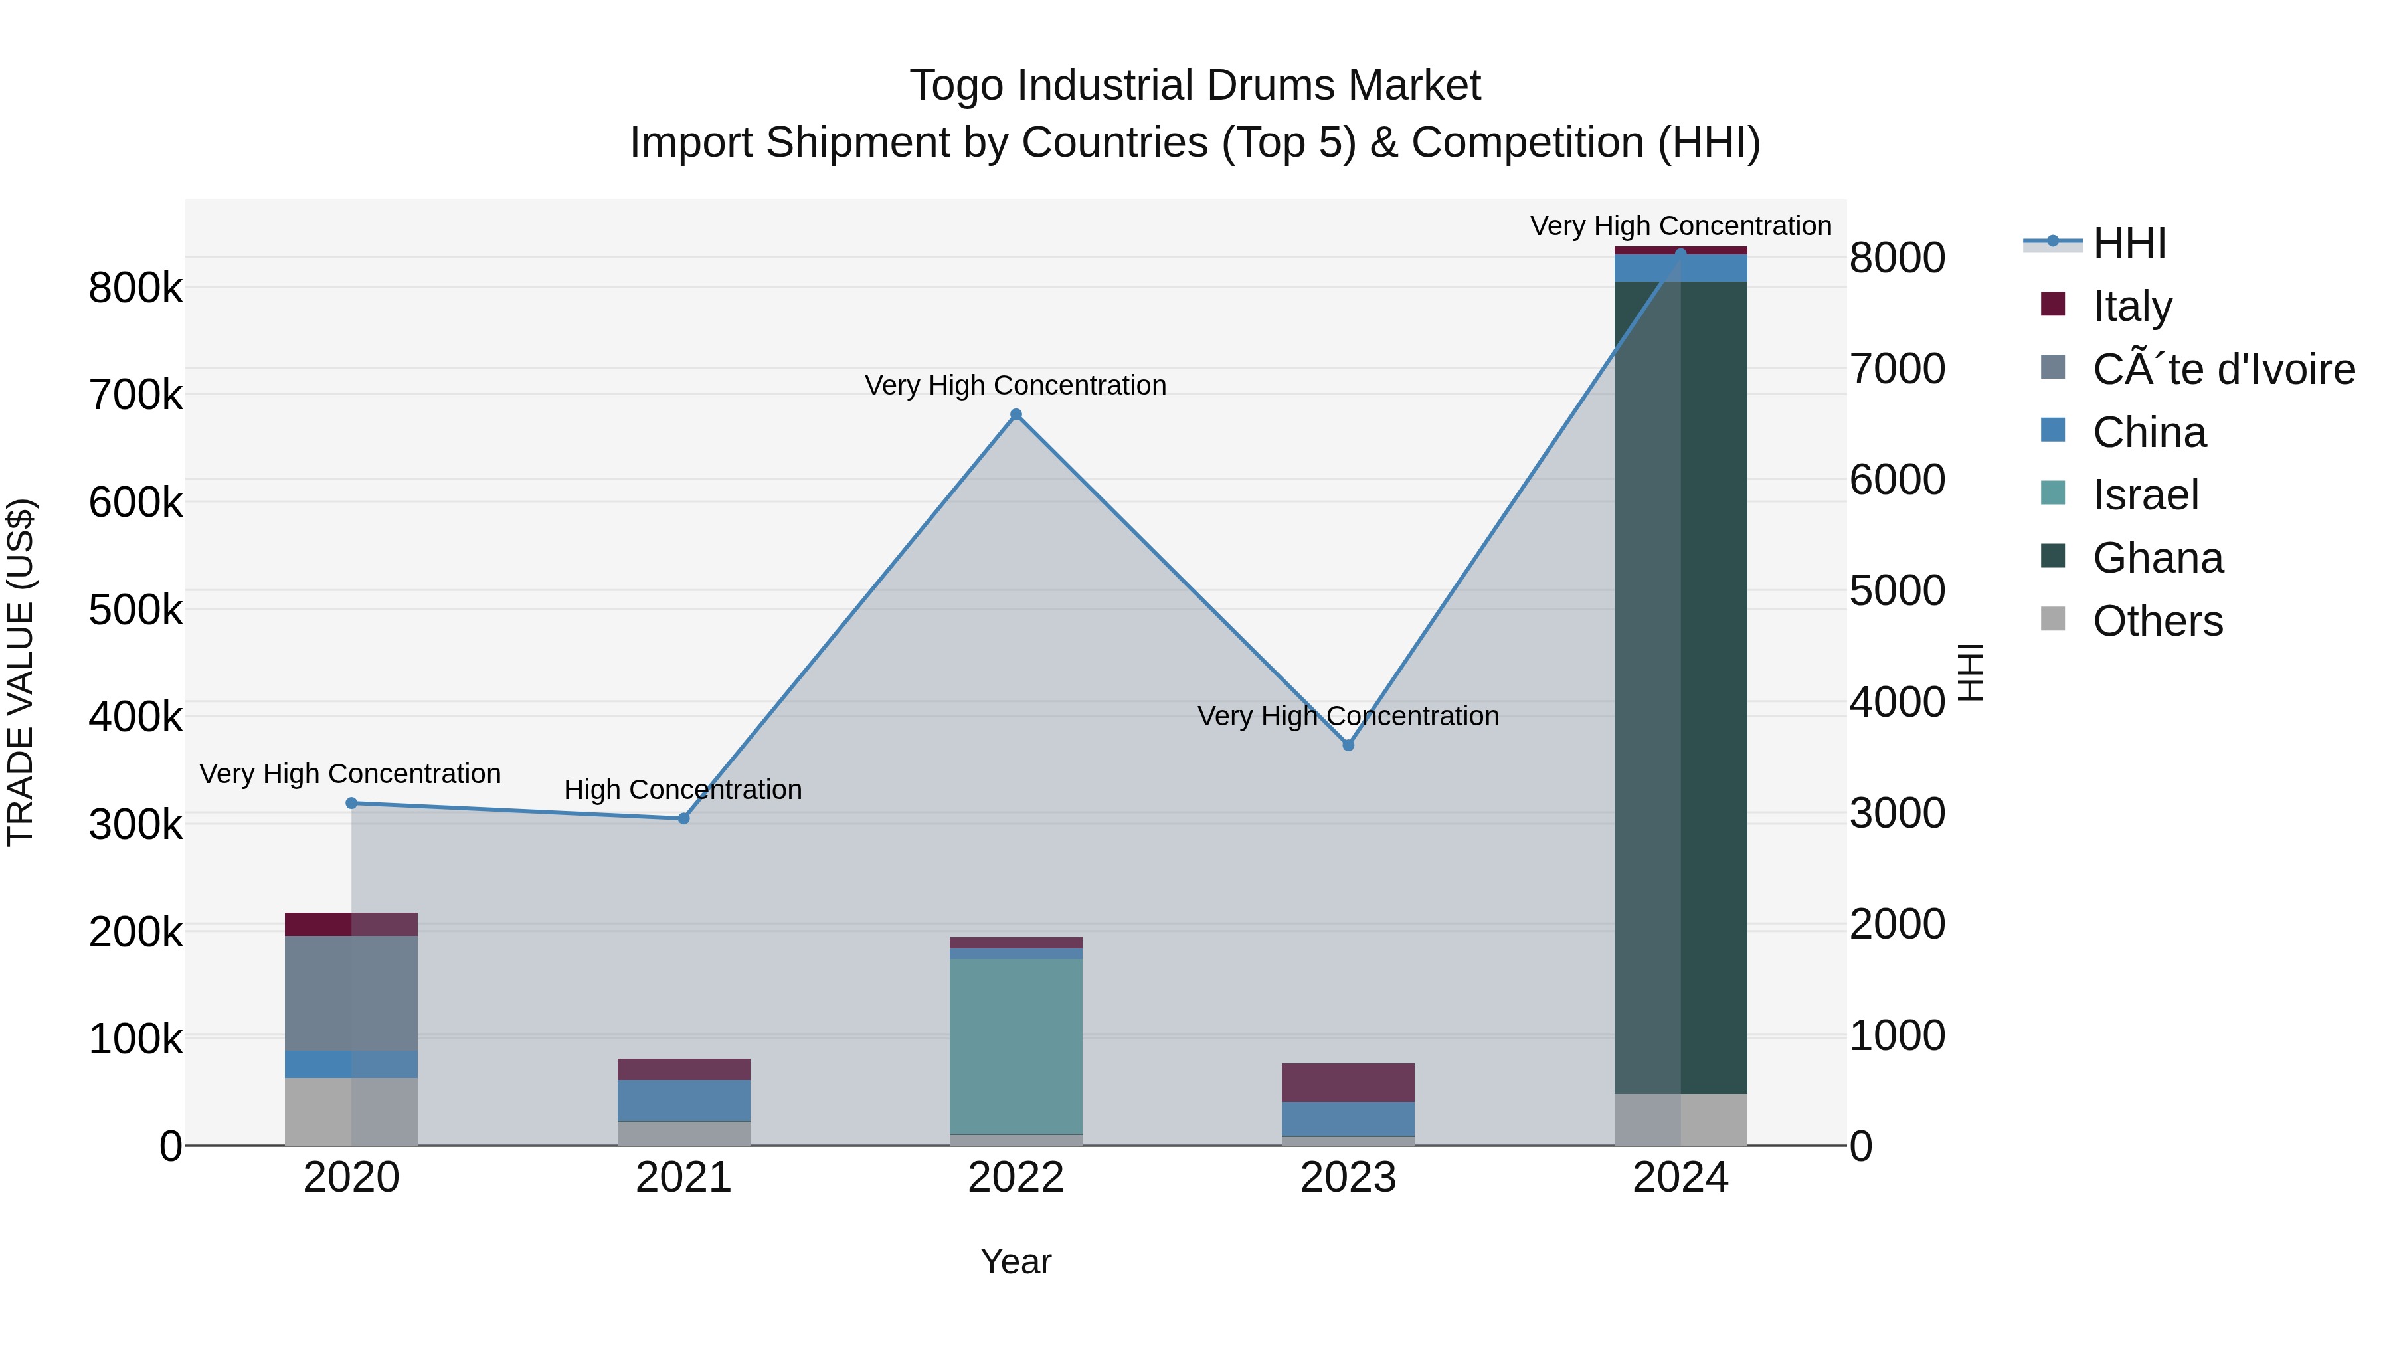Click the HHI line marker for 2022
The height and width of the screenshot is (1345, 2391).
click(x=1016, y=415)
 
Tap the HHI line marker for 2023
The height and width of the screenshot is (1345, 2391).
click(x=1348, y=745)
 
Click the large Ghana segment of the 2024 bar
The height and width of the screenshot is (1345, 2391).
click(x=1680, y=687)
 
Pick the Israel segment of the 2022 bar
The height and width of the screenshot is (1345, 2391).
click(x=1016, y=1046)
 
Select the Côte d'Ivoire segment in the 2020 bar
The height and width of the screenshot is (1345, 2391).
click(x=351, y=993)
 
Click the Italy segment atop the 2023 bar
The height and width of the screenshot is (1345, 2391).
click(x=1348, y=1083)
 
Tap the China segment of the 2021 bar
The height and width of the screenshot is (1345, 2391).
click(x=683, y=1100)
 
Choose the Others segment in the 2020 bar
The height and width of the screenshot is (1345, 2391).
click(x=351, y=1111)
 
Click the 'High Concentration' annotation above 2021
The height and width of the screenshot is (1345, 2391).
click(x=683, y=790)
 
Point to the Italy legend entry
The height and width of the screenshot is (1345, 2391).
click(x=2132, y=306)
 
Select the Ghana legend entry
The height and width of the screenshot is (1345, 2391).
click(x=2157, y=558)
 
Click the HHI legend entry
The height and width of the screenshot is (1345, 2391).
click(x=2129, y=243)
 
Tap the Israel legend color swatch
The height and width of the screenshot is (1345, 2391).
click(x=2053, y=493)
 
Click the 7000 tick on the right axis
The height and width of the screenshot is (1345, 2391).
click(x=1896, y=369)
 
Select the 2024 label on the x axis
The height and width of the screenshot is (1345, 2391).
click(x=1680, y=1178)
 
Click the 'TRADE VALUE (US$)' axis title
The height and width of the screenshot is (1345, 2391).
click(x=21, y=672)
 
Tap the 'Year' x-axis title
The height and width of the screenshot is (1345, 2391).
click(x=1016, y=1261)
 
